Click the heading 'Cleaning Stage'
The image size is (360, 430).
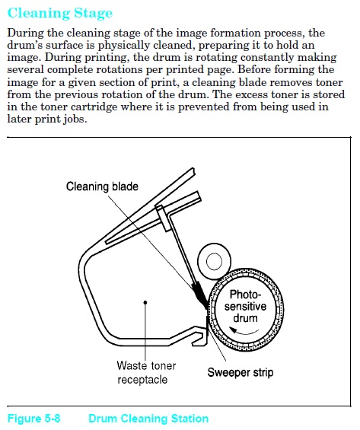click(60, 13)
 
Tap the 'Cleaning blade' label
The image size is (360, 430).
click(102, 186)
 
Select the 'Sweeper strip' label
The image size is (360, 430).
click(241, 373)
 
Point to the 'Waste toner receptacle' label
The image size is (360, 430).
click(146, 373)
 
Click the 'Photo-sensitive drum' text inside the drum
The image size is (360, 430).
click(245, 306)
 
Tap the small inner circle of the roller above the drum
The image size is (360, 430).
click(214, 262)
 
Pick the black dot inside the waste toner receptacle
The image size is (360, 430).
click(145, 302)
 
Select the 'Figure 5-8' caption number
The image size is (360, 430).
click(33, 419)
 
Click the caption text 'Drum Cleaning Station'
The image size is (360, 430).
click(148, 419)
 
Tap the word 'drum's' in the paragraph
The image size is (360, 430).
click(24, 45)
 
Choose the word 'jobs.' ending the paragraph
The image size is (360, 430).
click(75, 119)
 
